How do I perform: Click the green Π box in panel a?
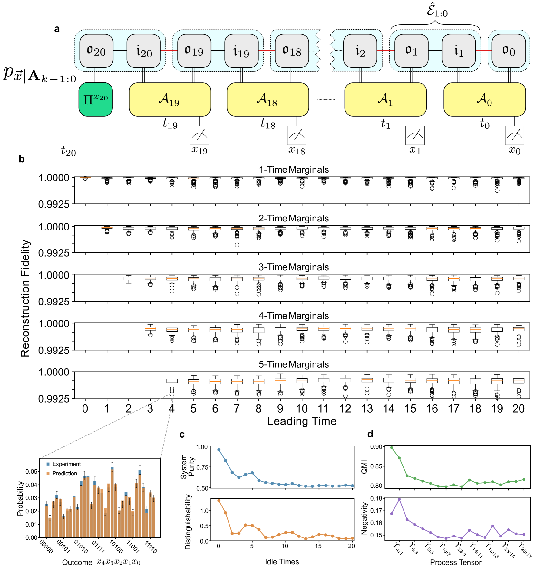[95, 99]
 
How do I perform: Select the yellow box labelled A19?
[170, 99]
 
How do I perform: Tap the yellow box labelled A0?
[484, 99]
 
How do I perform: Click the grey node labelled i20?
[144, 51]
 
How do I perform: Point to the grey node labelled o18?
[292, 51]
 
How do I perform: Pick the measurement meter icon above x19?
[199, 135]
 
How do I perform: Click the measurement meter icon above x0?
[514, 135]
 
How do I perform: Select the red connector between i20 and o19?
[169, 51]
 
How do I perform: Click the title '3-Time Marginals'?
[294, 267]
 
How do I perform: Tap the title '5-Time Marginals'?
[294, 364]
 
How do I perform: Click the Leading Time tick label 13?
[367, 409]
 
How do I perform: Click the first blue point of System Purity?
[219, 450]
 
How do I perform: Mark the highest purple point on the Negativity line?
[399, 499]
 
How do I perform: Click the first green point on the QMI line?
[392, 448]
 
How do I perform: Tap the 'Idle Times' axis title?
[282, 562]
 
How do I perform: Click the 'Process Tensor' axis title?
[455, 562]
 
